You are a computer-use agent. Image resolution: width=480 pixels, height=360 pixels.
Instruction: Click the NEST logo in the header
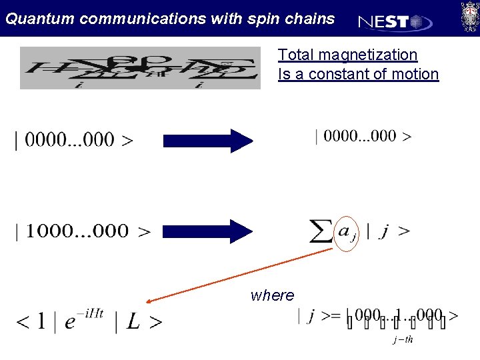click(x=395, y=21)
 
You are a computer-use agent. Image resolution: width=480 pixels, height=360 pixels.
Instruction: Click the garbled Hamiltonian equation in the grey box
click(x=140, y=68)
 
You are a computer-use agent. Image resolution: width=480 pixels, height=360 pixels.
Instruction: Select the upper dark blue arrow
click(x=208, y=141)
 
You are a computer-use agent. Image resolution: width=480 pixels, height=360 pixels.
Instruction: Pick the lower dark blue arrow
click(x=208, y=231)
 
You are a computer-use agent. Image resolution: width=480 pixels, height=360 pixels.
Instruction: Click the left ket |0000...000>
click(x=73, y=140)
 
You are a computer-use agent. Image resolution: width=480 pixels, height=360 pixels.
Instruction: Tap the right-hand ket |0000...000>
click(x=363, y=136)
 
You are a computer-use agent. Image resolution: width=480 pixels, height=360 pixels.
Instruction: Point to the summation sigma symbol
click(x=323, y=231)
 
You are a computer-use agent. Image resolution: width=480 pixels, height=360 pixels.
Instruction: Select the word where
click(x=272, y=295)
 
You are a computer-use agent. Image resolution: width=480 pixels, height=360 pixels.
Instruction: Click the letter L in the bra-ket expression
click(x=133, y=323)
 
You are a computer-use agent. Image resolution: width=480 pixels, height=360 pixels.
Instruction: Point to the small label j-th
click(x=403, y=339)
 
